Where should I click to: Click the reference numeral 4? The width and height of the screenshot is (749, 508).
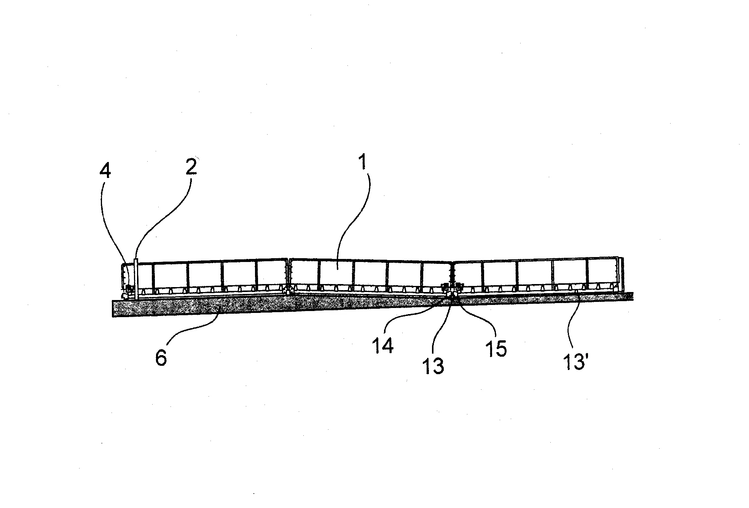pos(105,172)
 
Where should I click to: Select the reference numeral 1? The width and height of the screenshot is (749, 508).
pos(362,162)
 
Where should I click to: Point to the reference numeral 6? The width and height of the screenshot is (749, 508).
pos(161,359)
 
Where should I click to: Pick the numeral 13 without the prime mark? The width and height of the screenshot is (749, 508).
pos(433,366)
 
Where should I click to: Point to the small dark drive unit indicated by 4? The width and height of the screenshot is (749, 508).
pos(130,289)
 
